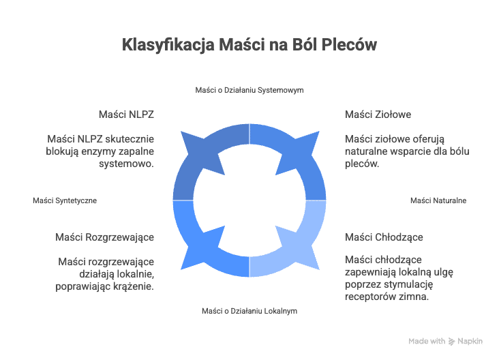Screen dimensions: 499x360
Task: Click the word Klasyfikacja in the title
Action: pyautogui.click(x=168, y=44)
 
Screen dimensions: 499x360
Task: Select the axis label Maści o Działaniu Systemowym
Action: pyautogui.click(x=249, y=90)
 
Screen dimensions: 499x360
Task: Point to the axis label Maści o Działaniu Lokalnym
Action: pyautogui.click(x=249, y=311)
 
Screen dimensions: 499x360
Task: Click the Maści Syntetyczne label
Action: pyautogui.click(x=65, y=200)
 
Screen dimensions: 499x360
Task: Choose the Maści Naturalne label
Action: pyautogui.click(x=438, y=200)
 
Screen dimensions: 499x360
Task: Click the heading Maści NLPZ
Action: pyautogui.click(x=126, y=115)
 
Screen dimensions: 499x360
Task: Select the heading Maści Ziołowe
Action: pyautogui.click(x=378, y=115)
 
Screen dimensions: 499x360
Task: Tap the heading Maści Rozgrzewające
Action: pyautogui.click(x=105, y=237)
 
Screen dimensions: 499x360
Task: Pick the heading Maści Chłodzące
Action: pyautogui.click(x=384, y=237)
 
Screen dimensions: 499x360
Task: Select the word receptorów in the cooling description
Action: pyautogui.click(x=369, y=297)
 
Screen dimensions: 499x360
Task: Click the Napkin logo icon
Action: pyautogui.click(x=451, y=342)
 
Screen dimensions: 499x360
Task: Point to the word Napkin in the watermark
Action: pyautogui.click(x=470, y=341)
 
